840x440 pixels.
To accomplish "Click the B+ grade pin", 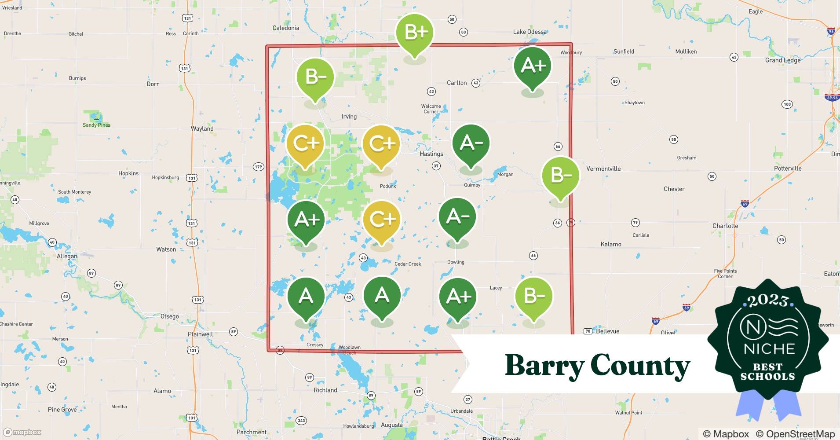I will (414, 33).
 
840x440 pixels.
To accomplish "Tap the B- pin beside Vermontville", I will (560, 176).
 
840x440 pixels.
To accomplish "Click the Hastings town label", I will (431, 154).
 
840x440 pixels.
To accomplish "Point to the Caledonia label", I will (286, 28).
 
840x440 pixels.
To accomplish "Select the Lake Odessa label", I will (530, 32).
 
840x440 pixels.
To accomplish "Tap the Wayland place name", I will (202, 128).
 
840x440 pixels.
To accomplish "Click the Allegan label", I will (67, 256).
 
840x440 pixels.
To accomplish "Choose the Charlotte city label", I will (725, 226).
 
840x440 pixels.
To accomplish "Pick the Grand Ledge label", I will (782, 60).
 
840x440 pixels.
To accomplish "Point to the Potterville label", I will (787, 168).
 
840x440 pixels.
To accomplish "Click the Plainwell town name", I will (200, 334).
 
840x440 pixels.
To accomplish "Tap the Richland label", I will (325, 390).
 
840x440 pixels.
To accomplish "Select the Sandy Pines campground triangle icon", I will (96, 118).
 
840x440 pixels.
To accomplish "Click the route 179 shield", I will (258, 166).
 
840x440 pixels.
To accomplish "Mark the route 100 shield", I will (787, 104).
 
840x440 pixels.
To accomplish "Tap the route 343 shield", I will (301, 421).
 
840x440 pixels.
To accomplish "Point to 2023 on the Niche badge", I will (767, 301).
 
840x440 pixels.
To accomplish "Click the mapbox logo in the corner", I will (22, 432).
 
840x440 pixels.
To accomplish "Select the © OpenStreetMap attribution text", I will (795, 434).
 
